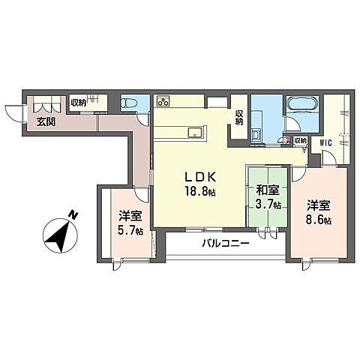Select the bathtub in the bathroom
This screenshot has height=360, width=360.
[301, 104]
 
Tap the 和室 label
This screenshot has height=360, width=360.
[266, 191]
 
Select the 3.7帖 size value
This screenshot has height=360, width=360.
[266, 204]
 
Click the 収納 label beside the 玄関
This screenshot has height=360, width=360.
[78, 103]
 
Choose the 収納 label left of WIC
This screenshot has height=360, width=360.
[299, 139]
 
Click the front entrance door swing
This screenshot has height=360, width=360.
[13, 114]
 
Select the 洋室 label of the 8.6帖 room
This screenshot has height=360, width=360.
[319, 205]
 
